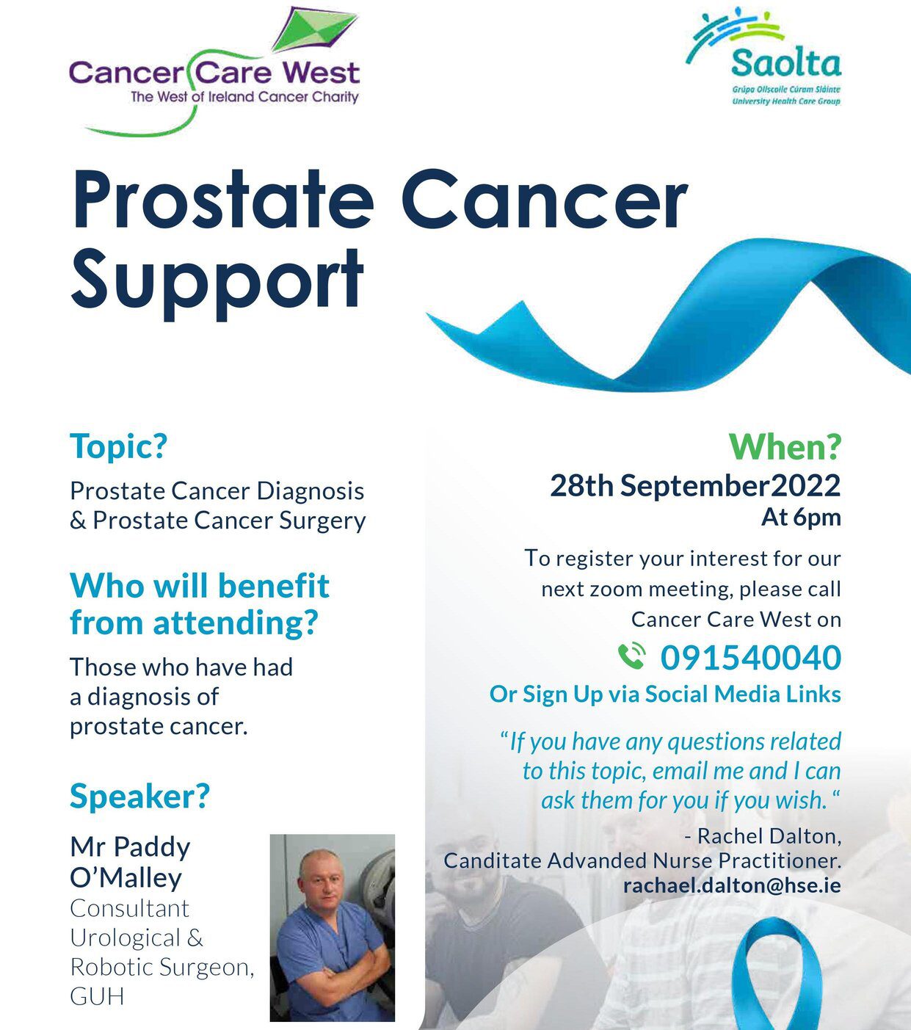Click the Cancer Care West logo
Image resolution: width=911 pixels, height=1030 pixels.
(x=214, y=72)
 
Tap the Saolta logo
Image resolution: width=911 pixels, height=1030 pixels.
(x=763, y=59)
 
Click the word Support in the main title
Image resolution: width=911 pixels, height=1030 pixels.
(x=217, y=280)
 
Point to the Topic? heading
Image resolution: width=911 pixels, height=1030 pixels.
(x=118, y=446)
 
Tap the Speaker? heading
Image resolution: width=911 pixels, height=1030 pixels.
(x=139, y=796)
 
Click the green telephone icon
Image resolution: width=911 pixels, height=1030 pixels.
(x=632, y=656)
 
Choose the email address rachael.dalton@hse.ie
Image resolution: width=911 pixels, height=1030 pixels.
(x=732, y=885)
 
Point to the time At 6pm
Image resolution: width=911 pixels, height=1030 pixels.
(x=801, y=518)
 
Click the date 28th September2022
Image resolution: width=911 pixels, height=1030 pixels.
(x=695, y=485)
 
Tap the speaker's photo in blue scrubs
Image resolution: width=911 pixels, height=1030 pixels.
(x=332, y=928)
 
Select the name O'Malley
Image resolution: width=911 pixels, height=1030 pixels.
(x=126, y=877)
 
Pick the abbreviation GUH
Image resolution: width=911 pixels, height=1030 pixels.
(x=97, y=996)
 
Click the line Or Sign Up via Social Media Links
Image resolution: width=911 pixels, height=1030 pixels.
(x=666, y=694)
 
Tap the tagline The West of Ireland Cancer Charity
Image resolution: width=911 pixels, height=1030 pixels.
(x=244, y=97)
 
